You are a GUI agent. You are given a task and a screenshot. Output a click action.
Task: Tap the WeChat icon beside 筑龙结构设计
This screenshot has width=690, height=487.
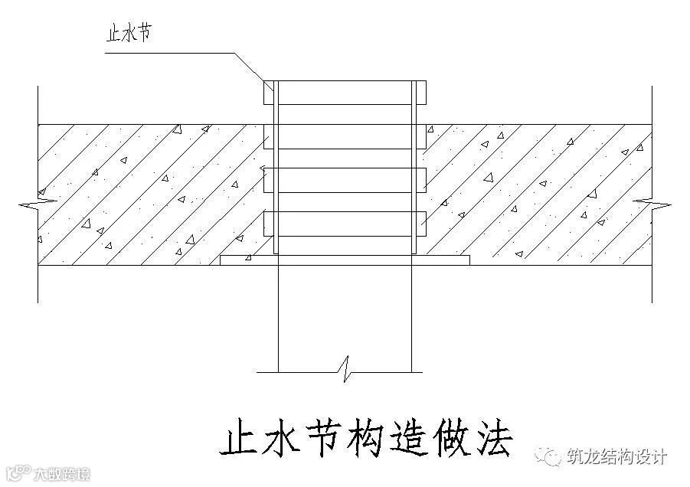click(x=551, y=457)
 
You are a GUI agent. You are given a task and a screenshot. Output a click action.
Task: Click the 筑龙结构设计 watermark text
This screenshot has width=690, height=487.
click(x=616, y=458)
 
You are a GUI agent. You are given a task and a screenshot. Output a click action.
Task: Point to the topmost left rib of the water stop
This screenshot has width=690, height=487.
click(x=269, y=93)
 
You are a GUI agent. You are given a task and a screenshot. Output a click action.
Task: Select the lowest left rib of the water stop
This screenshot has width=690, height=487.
click(x=269, y=223)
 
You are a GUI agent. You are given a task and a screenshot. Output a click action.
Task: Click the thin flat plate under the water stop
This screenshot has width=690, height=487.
click(x=345, y=261)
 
